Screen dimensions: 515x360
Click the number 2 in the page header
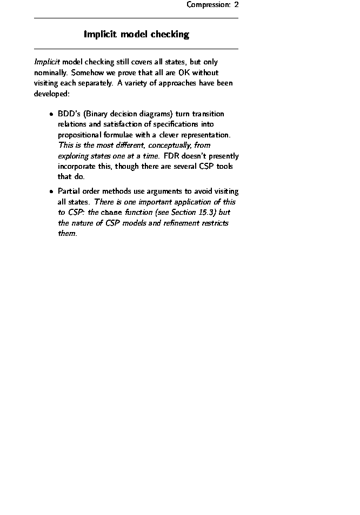coord(236,5)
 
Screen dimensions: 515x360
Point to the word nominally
coord(51,72)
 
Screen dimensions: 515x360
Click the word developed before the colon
coord(50,94)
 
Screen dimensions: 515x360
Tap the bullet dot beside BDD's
coord(50,115)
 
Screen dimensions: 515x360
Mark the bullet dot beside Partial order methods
coord(50,192)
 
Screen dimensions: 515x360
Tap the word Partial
coord(69,192)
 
